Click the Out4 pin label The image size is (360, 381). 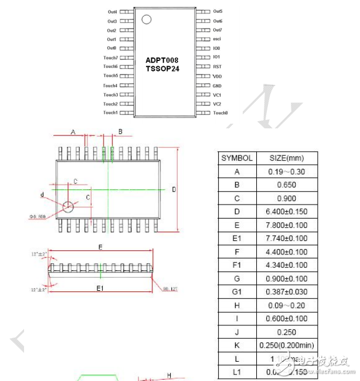112,12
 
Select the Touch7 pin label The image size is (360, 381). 110,57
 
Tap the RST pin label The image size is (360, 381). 217,67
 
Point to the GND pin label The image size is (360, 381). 217,86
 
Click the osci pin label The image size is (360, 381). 217,39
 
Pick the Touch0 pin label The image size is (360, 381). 220,113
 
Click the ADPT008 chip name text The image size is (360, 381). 162,60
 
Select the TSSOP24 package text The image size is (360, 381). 162,69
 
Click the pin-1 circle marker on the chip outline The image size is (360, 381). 146,20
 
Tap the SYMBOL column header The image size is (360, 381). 237,158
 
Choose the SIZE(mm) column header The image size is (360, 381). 286,158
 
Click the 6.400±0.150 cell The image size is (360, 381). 286,212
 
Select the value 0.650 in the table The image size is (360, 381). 286,185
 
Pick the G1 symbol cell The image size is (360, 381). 237,292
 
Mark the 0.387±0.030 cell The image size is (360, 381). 286,292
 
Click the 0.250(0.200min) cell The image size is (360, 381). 286,345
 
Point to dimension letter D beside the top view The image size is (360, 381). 174,189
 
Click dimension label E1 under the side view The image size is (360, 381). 100,288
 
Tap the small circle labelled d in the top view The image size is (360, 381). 69,206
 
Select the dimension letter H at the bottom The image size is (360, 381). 169,375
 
